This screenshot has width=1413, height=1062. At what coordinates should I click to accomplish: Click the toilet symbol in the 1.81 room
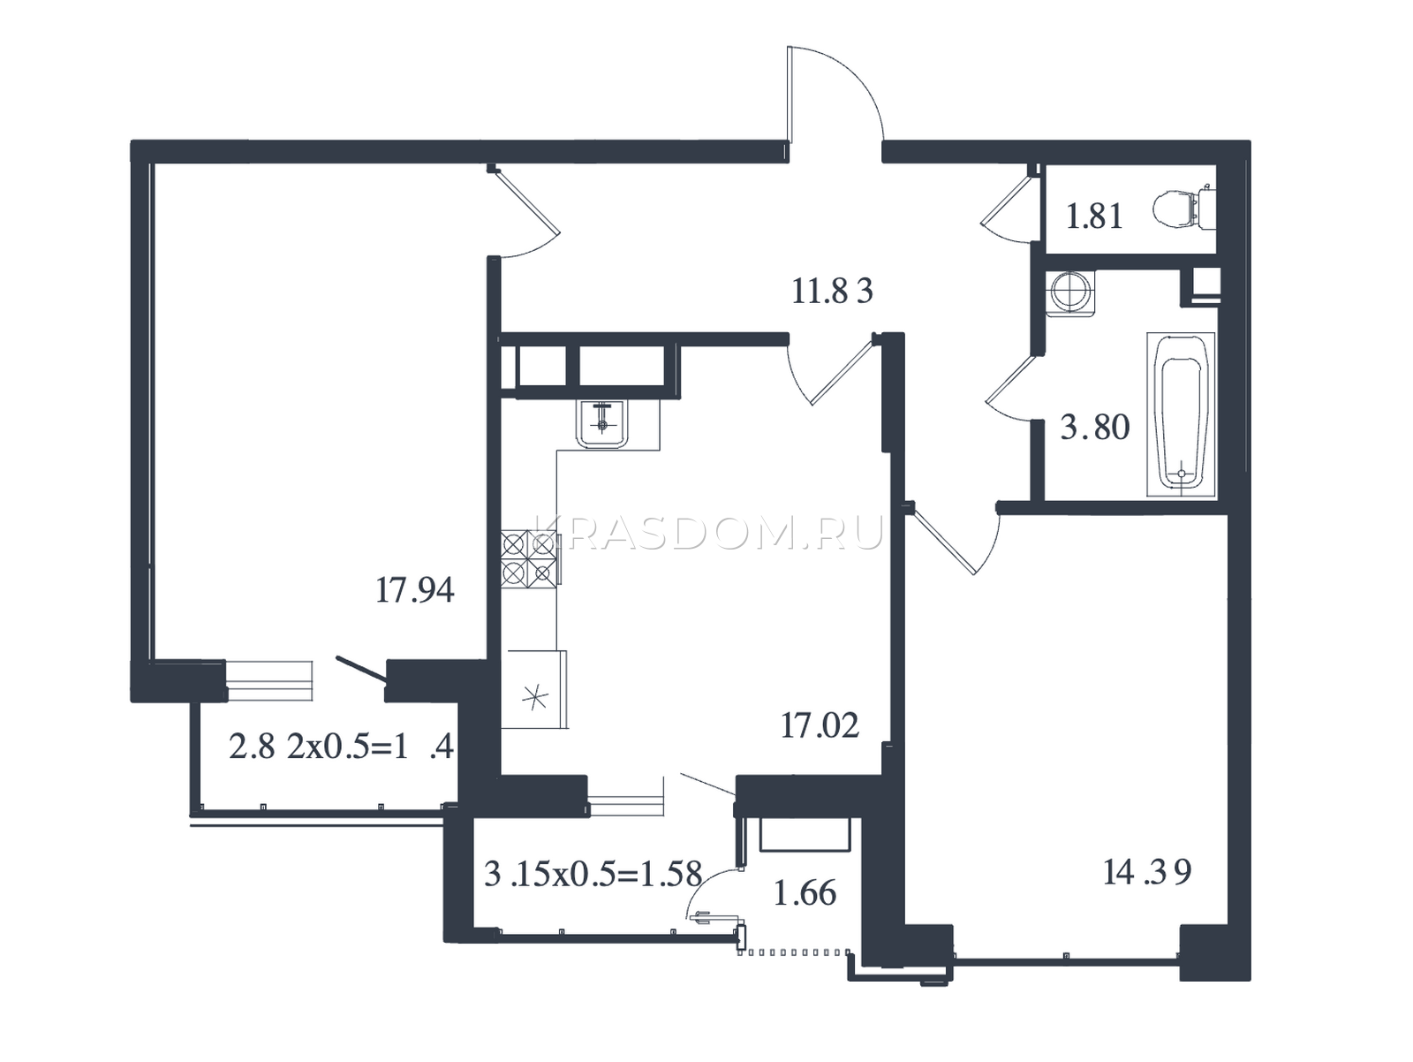(1183, 208)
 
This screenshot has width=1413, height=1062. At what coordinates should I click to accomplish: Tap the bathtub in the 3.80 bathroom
(1181, 414)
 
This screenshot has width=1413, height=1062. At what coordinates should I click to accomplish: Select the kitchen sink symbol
(602, 424)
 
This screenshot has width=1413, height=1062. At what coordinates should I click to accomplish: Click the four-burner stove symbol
(529, 559)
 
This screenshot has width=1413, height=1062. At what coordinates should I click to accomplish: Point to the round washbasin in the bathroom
(1069, 293)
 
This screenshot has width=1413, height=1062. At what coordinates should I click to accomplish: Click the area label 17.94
(414, 590)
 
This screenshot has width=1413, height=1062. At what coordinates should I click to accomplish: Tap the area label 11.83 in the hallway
(832, 291)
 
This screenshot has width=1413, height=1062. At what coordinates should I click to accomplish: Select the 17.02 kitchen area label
(820, 726)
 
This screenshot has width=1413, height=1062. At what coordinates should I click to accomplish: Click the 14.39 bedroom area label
(1147, 873)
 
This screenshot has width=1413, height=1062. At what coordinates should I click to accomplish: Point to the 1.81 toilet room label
(1095, 216)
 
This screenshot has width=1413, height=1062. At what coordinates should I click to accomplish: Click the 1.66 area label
(805, 893)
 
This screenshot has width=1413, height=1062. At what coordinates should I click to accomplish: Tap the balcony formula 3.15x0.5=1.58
(593, 874)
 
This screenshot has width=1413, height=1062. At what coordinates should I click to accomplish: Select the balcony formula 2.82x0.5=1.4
(341, 747)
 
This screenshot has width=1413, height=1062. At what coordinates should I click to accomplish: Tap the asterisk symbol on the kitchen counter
(535, 697)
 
